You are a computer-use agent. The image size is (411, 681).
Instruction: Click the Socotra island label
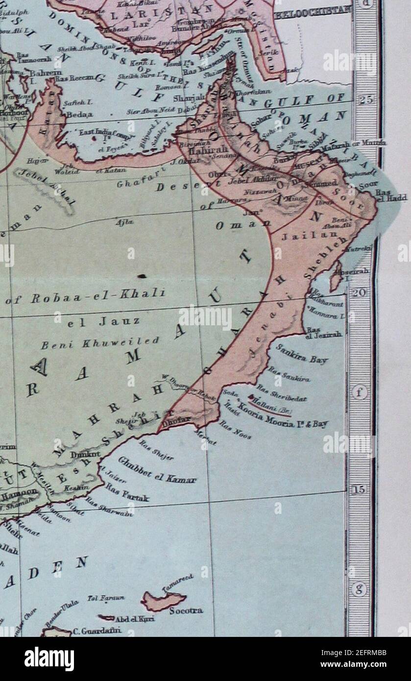[186, 611]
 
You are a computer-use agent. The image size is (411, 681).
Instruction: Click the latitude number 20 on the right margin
[360, 292]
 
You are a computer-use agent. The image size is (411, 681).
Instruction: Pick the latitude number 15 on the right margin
[360, 489]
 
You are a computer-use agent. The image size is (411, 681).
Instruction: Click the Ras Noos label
[235, 429]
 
